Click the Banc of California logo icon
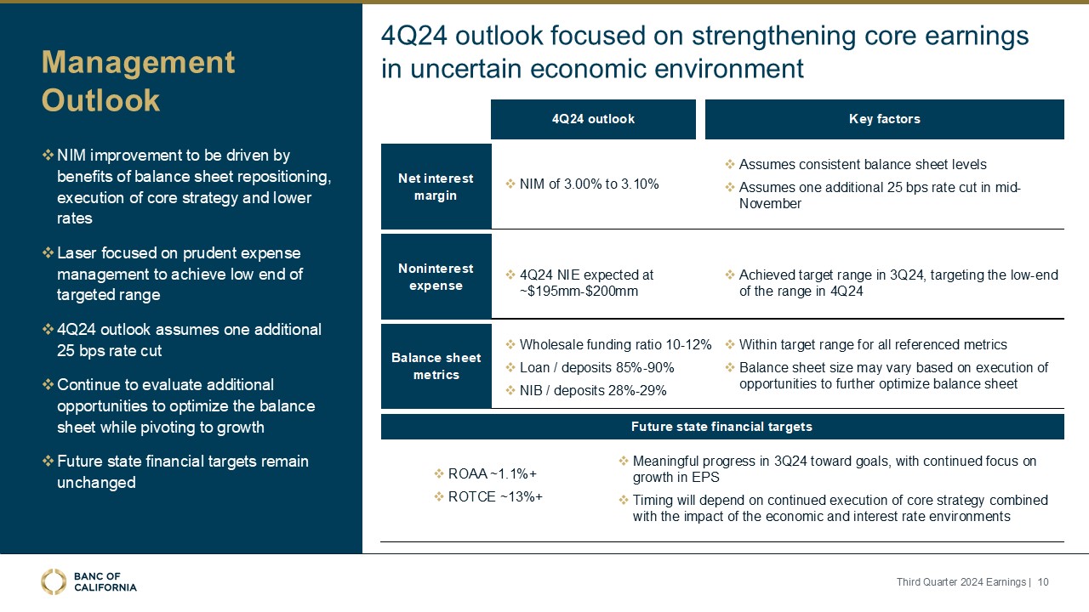54,581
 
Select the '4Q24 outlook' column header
593,119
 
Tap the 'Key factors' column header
884,119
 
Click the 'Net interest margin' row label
436,187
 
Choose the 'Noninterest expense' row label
436,277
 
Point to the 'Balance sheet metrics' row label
436,366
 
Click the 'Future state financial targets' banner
721,427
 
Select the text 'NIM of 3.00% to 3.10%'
589,184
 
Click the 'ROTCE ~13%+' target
494,496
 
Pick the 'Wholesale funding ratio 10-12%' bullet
615,345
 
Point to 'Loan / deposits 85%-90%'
596,368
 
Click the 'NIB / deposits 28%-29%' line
592,391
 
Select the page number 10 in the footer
1043,582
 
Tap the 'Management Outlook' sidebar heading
138,82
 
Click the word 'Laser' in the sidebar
76,253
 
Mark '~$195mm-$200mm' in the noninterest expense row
579,292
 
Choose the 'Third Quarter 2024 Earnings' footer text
961,582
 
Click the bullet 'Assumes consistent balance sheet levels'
862,165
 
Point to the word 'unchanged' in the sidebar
96,483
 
